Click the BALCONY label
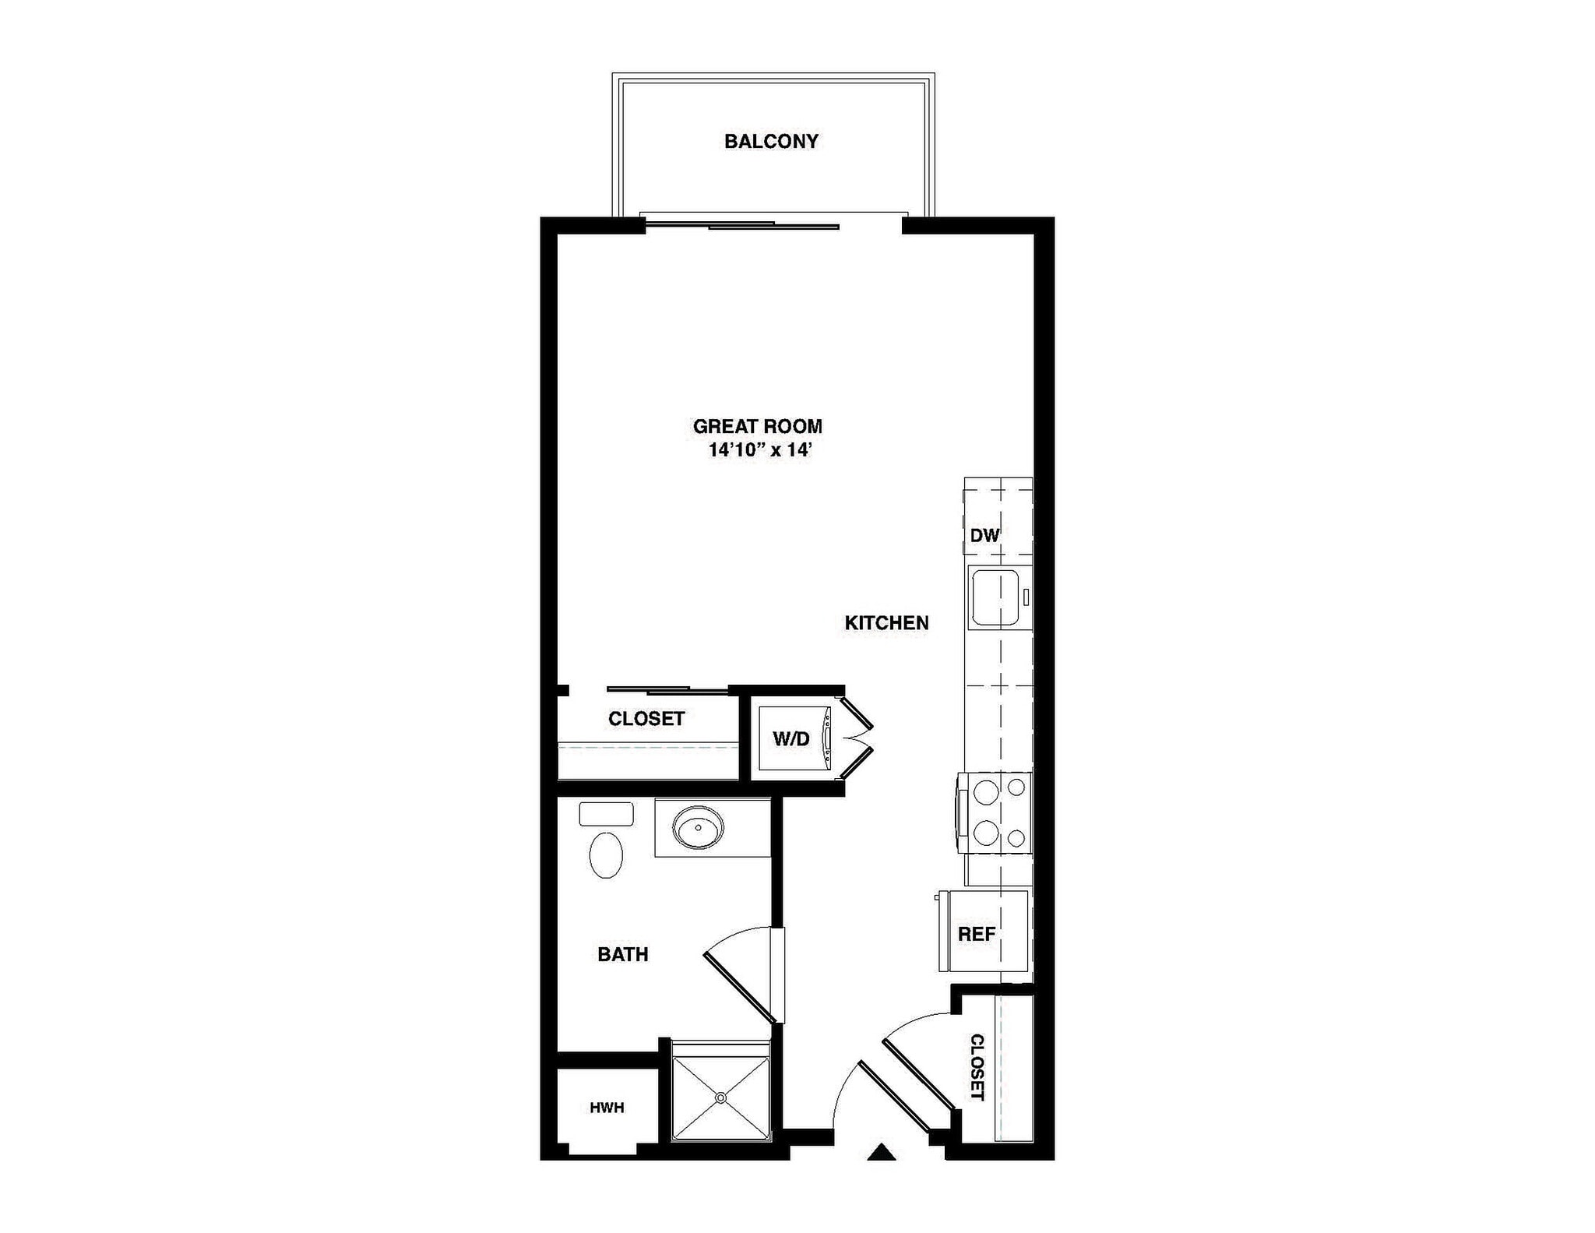(771, 141)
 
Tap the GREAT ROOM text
(757, 426)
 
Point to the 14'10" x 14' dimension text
(760, 450)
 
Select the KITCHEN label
(886, 623)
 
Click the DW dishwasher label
(984, 535)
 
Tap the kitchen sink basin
(994, 597)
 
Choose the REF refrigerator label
(977, 934)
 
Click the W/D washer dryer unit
(791, 739)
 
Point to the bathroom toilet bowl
(606, 855)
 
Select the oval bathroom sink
(698, 827)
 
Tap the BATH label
(622, 954)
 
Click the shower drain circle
(720, 1097)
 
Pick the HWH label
(607, 1107)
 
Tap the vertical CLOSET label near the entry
(977, 1067)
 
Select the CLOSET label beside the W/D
(646, 718)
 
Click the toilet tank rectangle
(606, 814)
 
